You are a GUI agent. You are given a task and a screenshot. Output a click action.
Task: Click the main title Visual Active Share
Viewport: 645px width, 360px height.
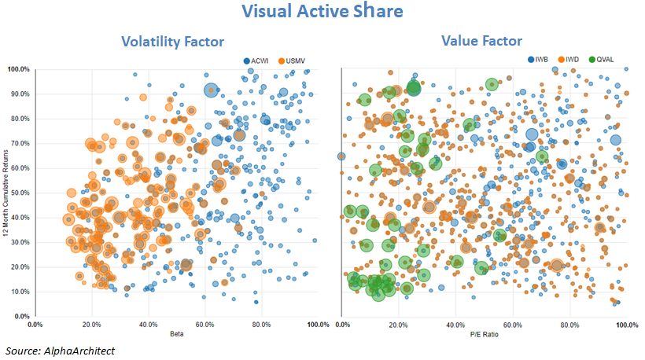pyautogui.click(x=322, y=12)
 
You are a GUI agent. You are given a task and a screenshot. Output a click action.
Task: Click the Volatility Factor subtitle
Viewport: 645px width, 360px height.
pyautogui.click(x=172, y=42)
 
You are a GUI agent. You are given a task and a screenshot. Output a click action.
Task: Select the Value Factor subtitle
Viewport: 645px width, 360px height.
pyautogui.click(x=482, y=40)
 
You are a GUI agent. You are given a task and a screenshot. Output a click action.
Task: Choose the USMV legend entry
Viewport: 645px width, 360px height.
pyautogui.click(x=297, y=61)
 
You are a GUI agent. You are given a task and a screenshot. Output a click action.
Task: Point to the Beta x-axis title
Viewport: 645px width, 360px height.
pyautogui.click(x=177, y=335)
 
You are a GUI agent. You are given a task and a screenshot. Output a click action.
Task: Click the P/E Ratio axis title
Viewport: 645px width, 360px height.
pyautogui.click(x=485, y=335)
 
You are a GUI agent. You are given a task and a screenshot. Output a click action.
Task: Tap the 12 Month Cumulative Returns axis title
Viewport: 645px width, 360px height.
pyautogui.click(x=13, y=193)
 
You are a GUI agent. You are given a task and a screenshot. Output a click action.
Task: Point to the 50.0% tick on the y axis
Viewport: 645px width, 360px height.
pyautogui.click(x=19, y=193)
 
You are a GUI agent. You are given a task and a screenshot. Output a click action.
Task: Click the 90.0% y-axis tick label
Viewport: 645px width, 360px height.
pyautogui.click(x=19, y=94)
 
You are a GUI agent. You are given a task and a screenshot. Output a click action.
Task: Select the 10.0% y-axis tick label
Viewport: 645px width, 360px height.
pyautogui.click(x=19, y=292)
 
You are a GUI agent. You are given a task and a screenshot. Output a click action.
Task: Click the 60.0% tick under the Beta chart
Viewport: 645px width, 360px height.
pyautogui.click(x=205, y=324)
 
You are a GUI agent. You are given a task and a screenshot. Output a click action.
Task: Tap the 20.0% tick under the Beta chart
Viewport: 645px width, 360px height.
pyautogui.click(x=91, y=324)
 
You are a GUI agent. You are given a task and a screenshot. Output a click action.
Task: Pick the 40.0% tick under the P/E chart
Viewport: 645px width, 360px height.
pyautogui.click(x=455, y=324)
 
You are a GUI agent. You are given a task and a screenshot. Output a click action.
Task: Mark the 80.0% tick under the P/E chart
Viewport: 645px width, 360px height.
pyautogui.click(x=569, y=324)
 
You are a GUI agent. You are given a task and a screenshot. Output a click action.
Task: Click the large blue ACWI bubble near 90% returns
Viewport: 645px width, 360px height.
pyautogui.click(x=211, y=90)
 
